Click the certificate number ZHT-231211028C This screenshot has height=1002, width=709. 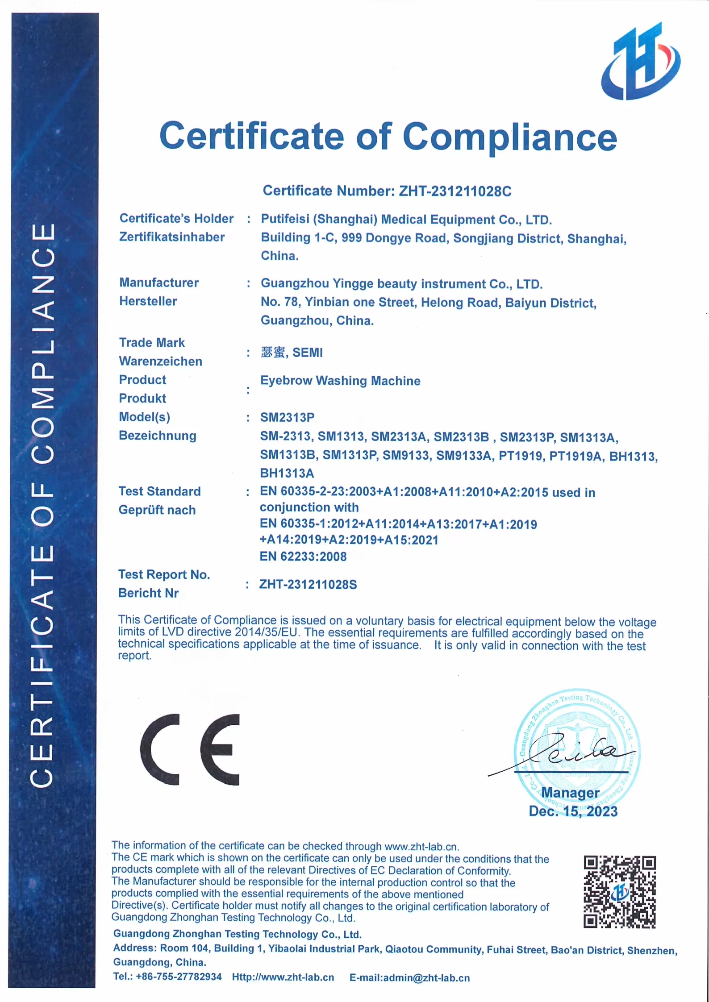455,191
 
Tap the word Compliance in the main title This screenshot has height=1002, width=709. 509,137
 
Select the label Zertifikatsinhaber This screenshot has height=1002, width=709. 172,237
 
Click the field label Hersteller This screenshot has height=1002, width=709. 148,301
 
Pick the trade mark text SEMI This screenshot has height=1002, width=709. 307,353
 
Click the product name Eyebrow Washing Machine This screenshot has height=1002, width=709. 340,381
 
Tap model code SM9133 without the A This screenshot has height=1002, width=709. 406,456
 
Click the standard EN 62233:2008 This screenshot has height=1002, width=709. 303,557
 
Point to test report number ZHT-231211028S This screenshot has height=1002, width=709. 308,585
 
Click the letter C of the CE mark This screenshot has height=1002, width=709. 160,749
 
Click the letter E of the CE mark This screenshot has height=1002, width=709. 220,749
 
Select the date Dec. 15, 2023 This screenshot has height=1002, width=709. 573,811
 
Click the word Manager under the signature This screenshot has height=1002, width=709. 570,793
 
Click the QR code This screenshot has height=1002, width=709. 619,892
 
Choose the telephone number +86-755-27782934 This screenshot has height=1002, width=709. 179,977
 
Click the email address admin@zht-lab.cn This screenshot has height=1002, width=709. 426,978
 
